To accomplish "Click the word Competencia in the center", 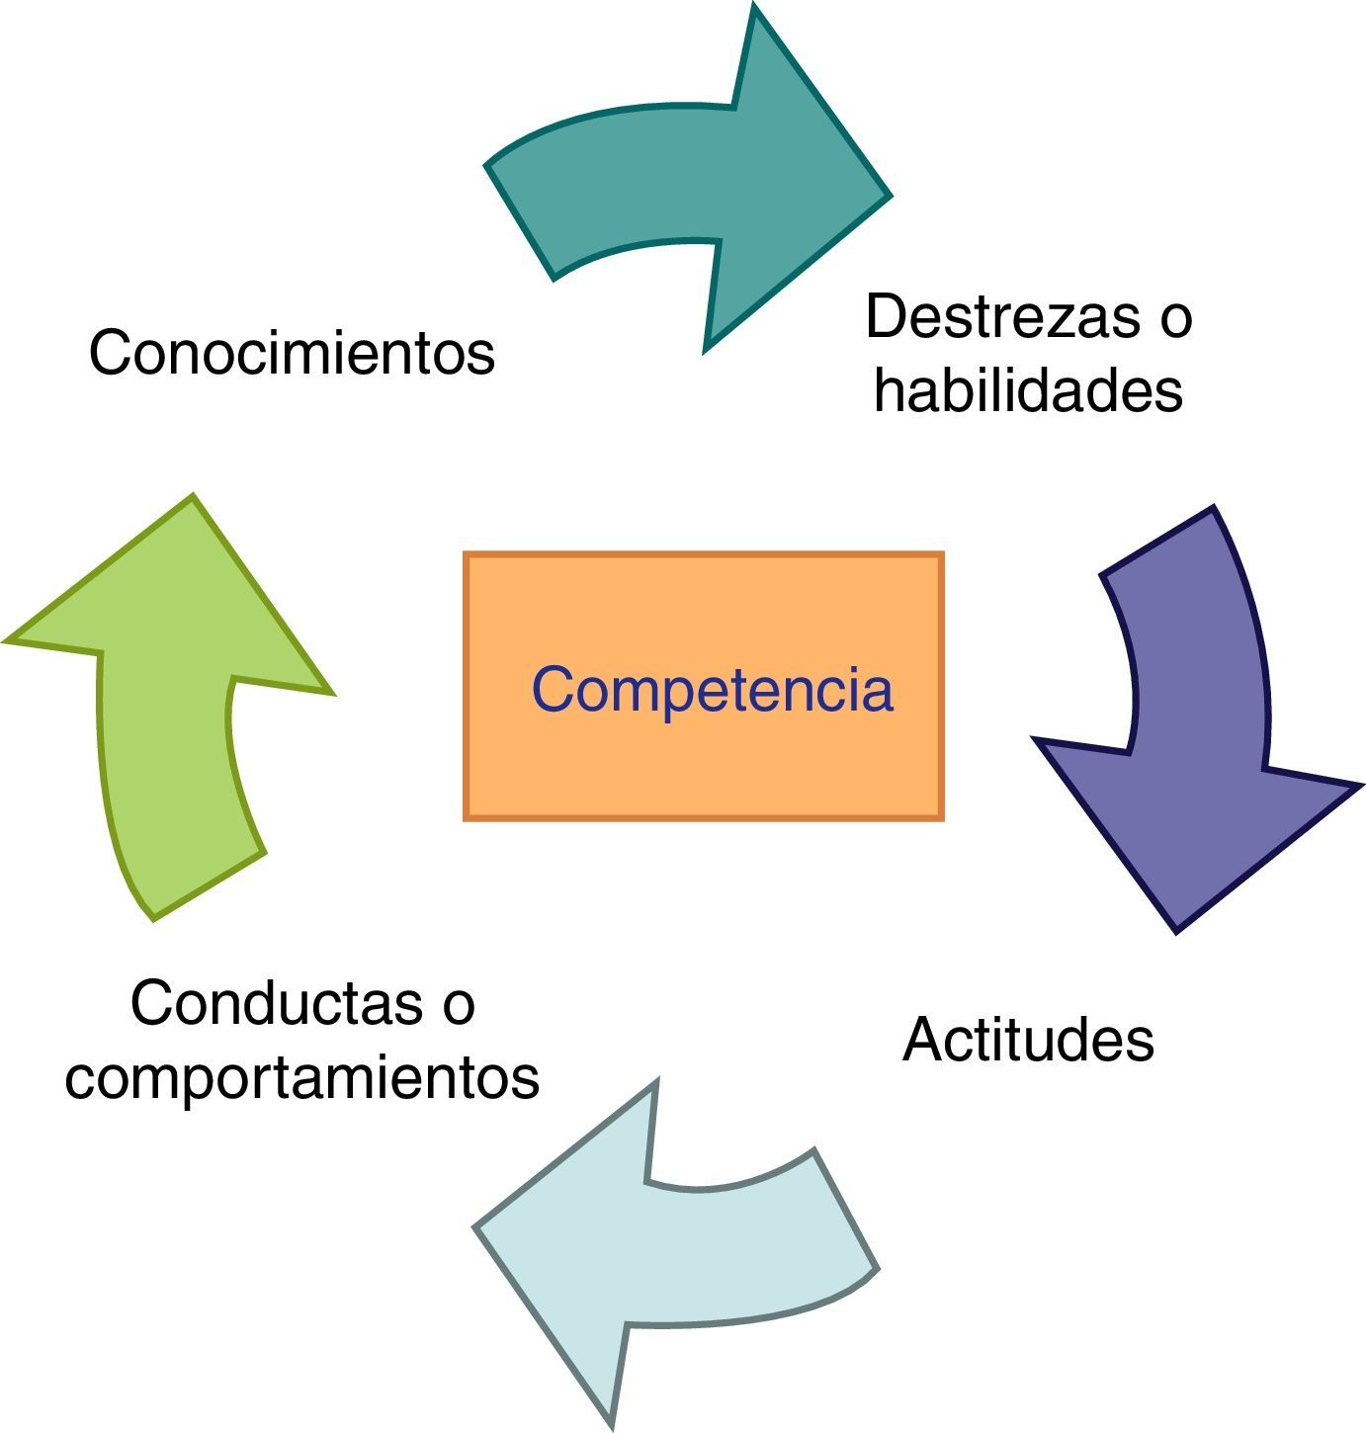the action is click(x=712, y=689).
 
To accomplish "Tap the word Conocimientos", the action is click(x=292, y=353).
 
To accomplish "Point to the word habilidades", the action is click(x=1028, y=390).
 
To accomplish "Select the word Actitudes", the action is click(x=1028, y=1040).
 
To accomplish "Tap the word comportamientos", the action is click(x=302, y=1077).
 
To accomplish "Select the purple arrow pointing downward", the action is click(x=1196, y=751).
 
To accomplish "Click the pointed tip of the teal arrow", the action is click(x=887, y=196).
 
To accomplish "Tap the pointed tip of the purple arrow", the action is click(x=1177, y=927).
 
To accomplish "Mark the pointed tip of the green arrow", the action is click(x=192, y=499).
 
